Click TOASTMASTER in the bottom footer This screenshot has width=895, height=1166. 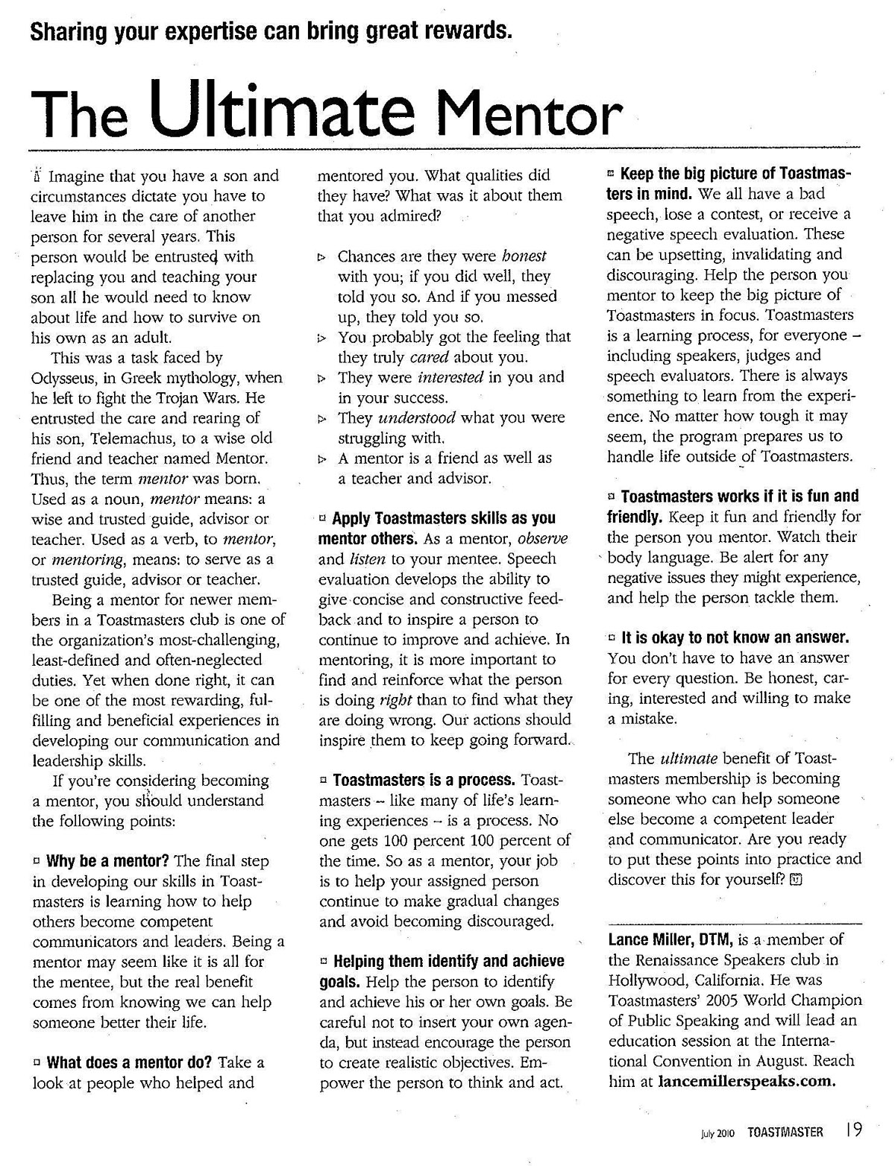point(785,1132)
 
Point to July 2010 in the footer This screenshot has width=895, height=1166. point(717,1133)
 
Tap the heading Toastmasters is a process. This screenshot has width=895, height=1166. point(424,781)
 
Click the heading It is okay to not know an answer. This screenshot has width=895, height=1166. point(735,638)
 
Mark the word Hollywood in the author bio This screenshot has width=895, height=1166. point(647,980)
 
